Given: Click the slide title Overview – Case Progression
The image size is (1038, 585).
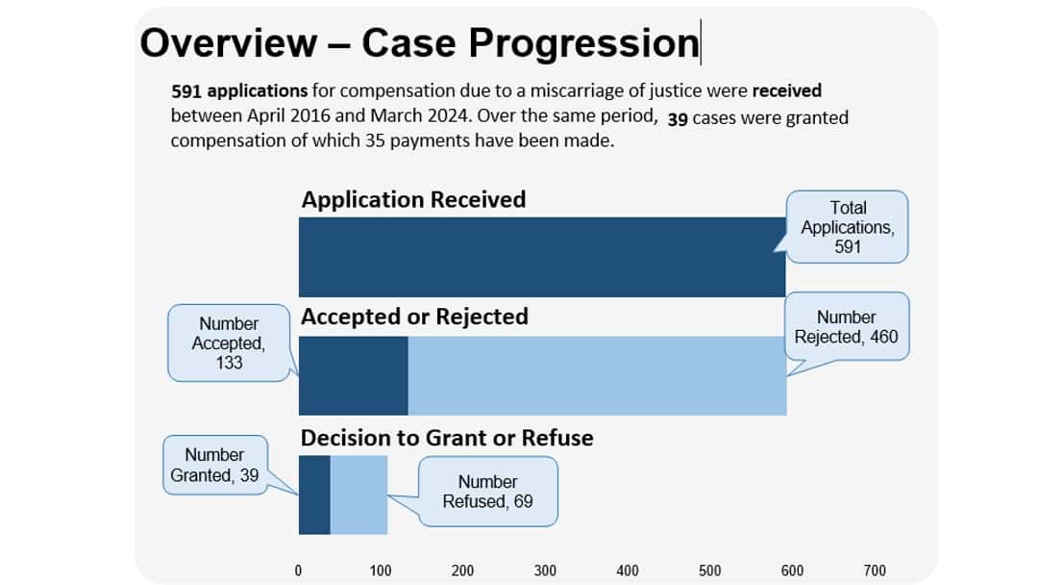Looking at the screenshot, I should (419, 43).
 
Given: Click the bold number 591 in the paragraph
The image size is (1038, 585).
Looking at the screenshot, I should (186, 91).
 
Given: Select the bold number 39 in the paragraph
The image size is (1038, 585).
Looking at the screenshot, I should (677, 119).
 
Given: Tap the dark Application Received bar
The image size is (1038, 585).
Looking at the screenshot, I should (541, 257).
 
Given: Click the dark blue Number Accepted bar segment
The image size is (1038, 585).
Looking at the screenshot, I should (354, 375).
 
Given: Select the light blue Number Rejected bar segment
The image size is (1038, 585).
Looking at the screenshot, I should (597, 375).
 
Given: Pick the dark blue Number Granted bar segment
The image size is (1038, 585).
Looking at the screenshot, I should (314, 495).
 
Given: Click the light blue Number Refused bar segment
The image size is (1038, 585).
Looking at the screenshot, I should (358, 495).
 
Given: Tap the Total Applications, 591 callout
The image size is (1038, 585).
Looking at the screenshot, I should (847, 227).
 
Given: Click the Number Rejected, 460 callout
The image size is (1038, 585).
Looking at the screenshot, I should (846, 327).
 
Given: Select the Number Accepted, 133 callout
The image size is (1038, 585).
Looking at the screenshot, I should (229, 343).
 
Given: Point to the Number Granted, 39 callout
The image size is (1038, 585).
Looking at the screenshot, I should (214, 465).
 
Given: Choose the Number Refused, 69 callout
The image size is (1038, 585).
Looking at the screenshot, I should (487, 492).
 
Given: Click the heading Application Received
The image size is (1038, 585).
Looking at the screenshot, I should (413, 199).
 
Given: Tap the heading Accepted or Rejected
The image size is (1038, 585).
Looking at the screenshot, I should (414, 317).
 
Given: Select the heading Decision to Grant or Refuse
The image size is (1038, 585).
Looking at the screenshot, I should (447, 438).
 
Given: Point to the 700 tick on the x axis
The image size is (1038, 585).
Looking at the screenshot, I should (875, 571).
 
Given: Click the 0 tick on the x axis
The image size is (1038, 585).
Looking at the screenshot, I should (298, 571).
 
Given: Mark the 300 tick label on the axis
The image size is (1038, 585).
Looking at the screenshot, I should (545, 571).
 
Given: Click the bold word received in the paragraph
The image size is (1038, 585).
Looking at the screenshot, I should (786, 91).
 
